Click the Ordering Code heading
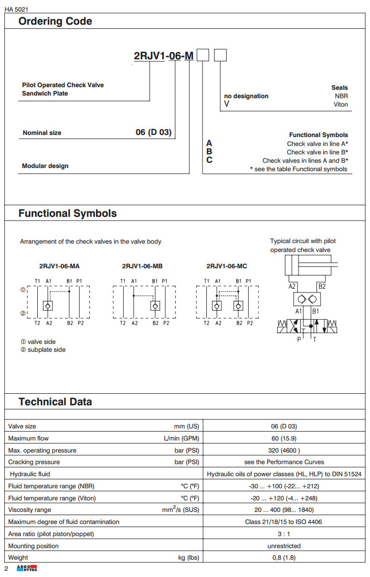55,22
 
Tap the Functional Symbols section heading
68,214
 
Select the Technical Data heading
55,402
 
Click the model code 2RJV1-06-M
163,56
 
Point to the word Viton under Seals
341,104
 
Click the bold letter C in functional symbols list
209,160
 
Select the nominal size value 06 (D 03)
153,132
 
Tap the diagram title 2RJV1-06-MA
59,266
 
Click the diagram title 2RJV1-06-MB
143,266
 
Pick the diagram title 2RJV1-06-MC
227,266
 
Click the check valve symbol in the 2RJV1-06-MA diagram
48,306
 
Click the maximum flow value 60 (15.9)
284,438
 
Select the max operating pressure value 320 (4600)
284,450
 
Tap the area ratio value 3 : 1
284,534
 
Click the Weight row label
18,558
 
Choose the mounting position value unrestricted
284,546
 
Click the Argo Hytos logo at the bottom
27,569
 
